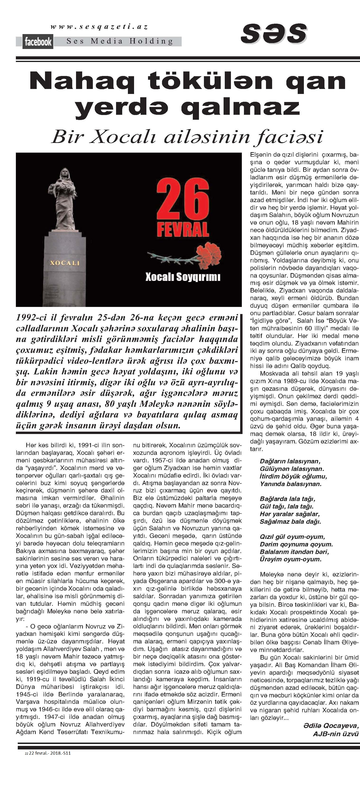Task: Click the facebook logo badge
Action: (x=38, y=41)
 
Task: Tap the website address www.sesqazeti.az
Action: (x=99, y=27)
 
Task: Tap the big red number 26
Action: (x=183, y=199)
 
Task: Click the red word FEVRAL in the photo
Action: (x=183, y=230)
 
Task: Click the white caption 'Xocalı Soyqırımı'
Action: (x=183, y=277)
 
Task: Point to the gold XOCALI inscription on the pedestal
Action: (x=65, y=263)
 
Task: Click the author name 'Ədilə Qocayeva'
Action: (x=331, y=726)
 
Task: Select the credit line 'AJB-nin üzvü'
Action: (x=336, y=734)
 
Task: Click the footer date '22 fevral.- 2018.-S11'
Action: (x=49, y=753)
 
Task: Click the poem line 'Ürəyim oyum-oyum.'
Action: (x=290, y=559)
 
